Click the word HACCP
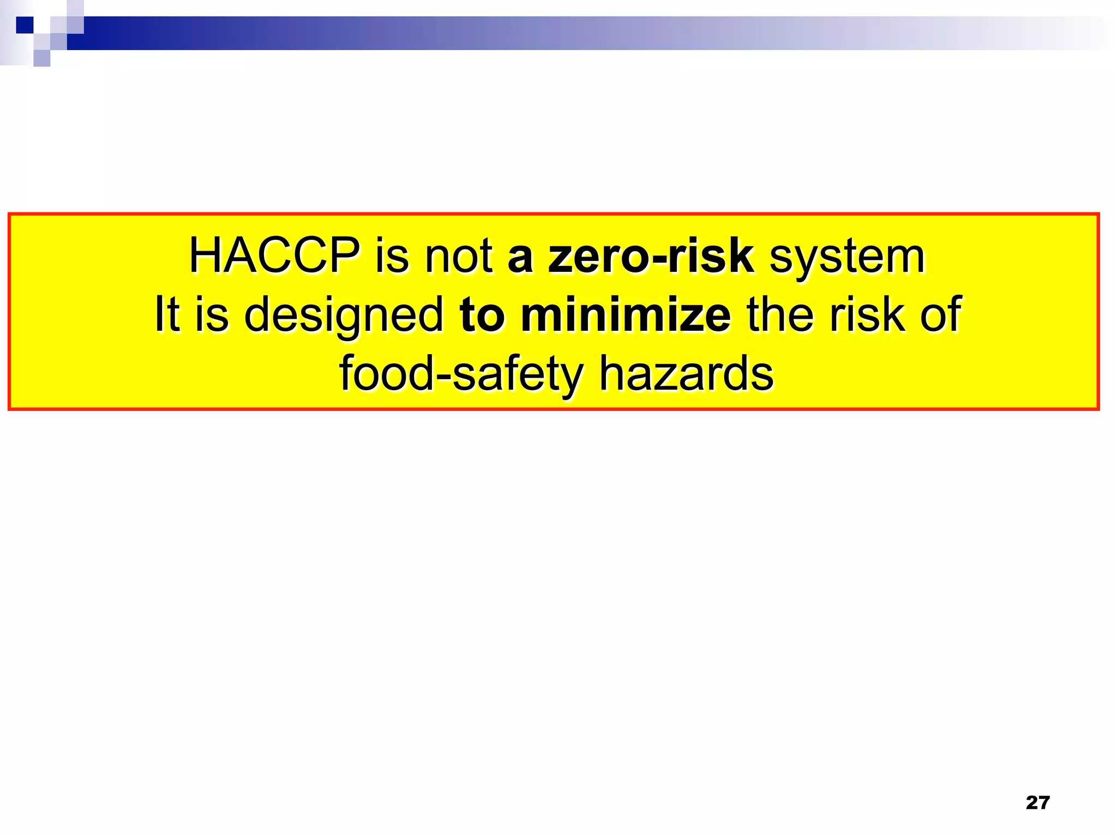[274, 256]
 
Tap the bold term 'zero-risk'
[651, 256]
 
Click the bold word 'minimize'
[626, 314]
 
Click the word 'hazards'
[686, 373]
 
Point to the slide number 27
[1037, 802]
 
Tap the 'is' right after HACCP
[392, 256]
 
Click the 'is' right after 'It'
[212, 314]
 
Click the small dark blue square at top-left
[25, 25]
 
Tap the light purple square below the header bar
[42, 58]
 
